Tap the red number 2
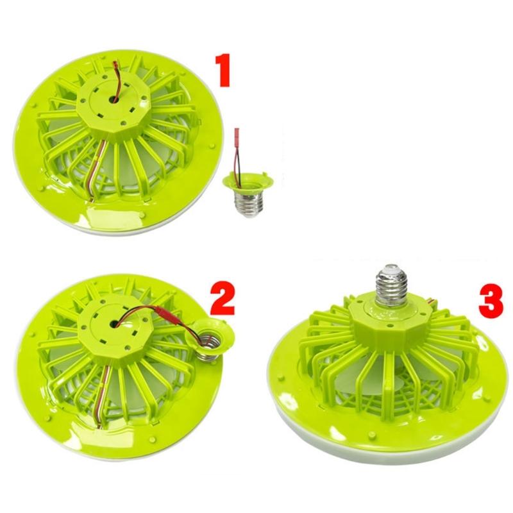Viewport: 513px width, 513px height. (x=223, y=298)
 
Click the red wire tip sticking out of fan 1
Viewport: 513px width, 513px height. (x=115, y=65)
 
